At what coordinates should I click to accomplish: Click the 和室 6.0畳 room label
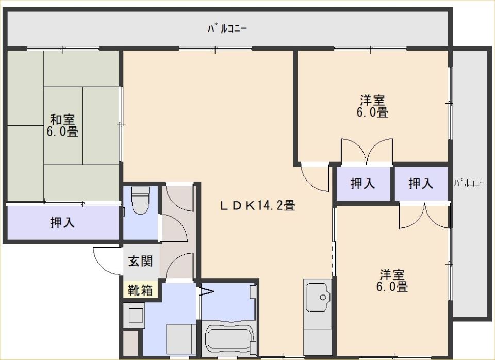[x=62, y=125]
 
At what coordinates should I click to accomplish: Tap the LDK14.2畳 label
[x=258, y=206]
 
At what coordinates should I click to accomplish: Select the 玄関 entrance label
[x=140, y=261]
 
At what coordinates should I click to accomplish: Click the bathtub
[x=228, y=338]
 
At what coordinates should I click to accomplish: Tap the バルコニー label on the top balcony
[x=227, y=29]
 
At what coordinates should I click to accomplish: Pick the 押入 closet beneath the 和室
[x=63, y=223]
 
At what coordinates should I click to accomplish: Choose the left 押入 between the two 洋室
[x=362, y=183]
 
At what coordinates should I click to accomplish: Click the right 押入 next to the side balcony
[x=421, y=183]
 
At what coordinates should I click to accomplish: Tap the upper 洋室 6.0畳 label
[x=372, y=106]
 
